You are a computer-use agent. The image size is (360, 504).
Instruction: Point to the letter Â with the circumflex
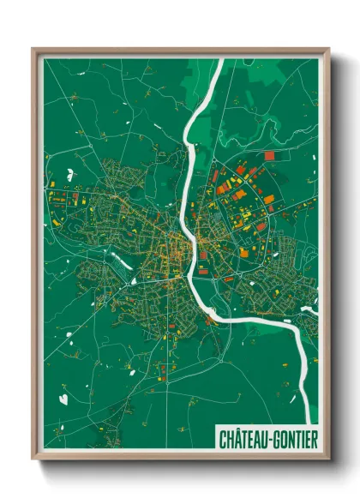[x=237, y=438]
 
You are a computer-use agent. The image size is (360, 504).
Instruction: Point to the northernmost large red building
[x=269, y=156]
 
